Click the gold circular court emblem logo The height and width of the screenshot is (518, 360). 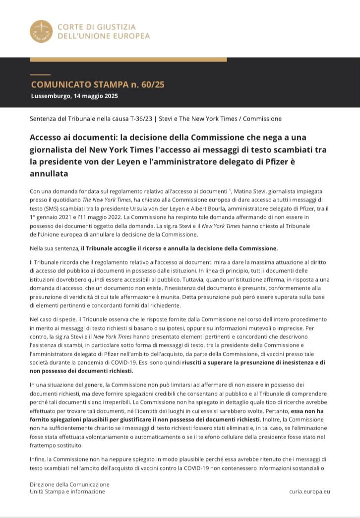[41, 31]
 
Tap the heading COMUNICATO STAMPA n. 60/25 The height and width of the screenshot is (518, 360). [98, 84]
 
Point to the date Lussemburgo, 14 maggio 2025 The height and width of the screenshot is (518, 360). [74, 96]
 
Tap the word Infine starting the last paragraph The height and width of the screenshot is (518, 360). [38, 459]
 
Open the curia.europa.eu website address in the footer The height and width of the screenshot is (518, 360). [309, 491]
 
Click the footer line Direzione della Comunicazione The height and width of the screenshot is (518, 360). [69, 484]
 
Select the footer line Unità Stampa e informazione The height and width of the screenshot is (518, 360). [67, 491]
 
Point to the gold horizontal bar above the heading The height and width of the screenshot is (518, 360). [128, 60]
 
